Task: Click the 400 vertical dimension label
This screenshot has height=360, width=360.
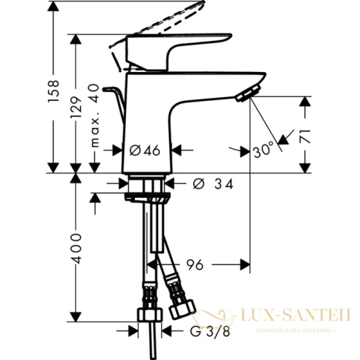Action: point(76,247)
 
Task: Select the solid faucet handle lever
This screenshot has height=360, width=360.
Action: point(180,48)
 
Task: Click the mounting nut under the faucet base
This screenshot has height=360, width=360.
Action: point(148,195)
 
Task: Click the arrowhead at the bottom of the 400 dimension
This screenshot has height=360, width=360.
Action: point(76,317)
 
